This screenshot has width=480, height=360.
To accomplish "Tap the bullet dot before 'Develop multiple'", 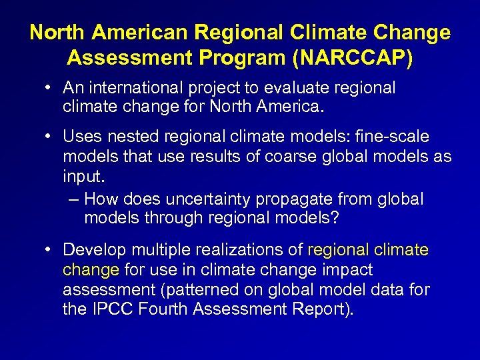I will [50, 250].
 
